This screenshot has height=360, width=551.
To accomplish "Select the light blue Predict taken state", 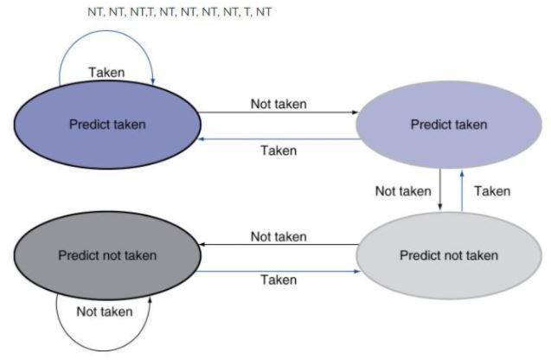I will click(x=449, y=125).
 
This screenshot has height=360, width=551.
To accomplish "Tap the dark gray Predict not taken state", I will click(x=106, y=255).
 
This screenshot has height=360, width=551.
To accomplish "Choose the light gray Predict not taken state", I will click(x=449, y=255).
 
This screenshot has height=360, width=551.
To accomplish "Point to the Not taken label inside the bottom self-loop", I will click(x=105, y=312).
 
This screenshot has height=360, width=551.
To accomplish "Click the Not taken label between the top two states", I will click(x=279, y=104).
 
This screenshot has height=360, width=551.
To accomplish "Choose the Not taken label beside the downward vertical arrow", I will click(x=402, y=190).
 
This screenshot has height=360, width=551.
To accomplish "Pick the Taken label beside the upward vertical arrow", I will click(x=492, y=190).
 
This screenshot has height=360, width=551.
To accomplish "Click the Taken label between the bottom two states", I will click(x=279, y=280).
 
